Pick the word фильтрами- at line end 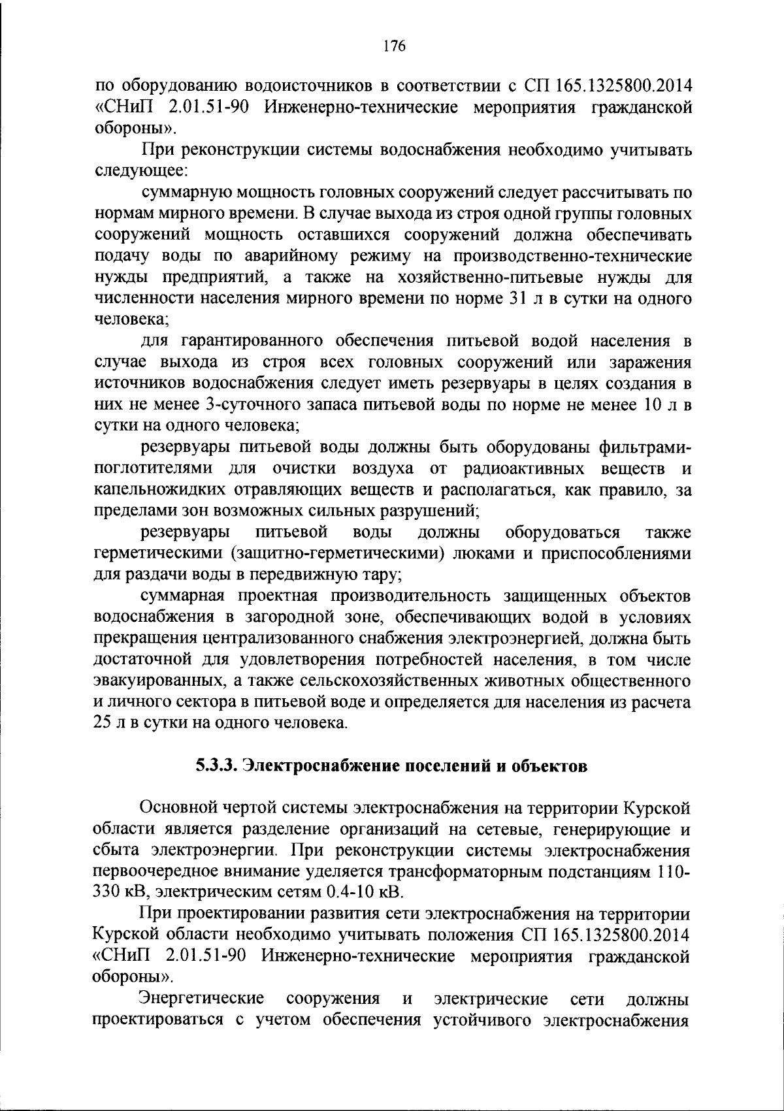[644, 447]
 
